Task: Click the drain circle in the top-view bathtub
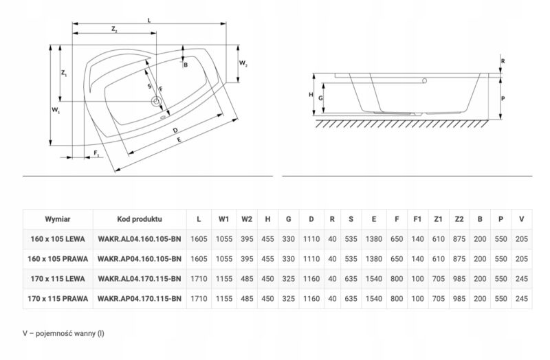pos(156,102)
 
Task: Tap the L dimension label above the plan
pos(149,21)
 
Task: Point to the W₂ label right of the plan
pos(243,63)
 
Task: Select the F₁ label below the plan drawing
pos(97,153)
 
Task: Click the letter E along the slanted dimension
pos(179,139)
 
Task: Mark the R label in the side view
pos(503,61)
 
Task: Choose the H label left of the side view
pos(311,95)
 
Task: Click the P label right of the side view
pos(503,99)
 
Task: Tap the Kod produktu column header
pos(140,219)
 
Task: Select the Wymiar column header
pos(58,219)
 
